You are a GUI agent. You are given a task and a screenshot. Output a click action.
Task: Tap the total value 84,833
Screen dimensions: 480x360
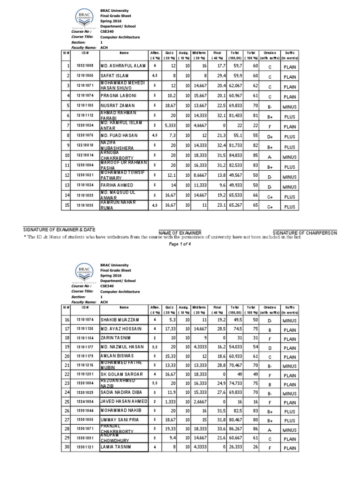click(236, 155)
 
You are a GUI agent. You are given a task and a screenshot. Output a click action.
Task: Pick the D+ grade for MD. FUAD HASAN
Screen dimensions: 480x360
click(270, 136)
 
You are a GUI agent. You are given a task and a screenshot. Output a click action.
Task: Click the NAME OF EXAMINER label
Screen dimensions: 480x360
click(180, 233)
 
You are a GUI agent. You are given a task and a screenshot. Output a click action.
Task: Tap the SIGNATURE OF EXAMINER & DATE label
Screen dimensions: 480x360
click(59, 229)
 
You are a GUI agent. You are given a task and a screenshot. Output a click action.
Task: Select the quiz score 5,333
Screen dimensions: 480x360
click(169, 126)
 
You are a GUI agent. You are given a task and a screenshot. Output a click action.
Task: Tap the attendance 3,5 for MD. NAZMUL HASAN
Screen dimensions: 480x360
click(155, 347)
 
